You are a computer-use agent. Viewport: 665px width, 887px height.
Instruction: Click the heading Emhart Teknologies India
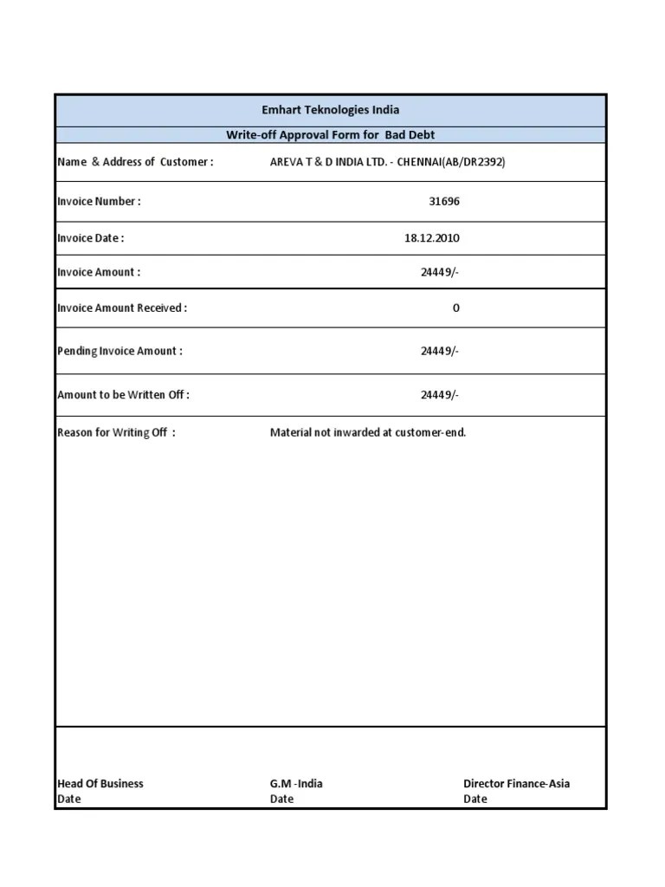pos(331,110)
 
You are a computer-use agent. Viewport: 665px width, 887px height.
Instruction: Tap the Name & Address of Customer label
pos(135,162)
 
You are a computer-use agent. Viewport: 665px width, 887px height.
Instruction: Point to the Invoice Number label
pos(99,201)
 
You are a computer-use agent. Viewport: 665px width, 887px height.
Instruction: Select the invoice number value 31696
pos(444,201)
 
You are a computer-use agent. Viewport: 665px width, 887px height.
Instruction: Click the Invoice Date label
pos(90,237)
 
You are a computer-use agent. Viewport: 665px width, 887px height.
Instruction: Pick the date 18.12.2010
pos(431,237)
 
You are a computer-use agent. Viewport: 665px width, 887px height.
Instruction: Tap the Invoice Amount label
pos(99,272)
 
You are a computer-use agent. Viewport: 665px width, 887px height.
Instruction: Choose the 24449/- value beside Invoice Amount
pos(440,272)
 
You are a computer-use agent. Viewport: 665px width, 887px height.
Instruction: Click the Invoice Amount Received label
pos(122,308)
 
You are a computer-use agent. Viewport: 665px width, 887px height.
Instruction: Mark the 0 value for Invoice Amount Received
pos(456,308)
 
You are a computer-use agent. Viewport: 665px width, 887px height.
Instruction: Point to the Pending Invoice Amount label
pos(119,351)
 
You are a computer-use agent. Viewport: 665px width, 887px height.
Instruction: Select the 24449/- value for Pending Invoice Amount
pos(440,351)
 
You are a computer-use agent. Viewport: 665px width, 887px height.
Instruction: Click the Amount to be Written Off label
pos(123,395)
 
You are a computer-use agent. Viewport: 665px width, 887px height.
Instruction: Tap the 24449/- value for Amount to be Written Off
pos(440,395)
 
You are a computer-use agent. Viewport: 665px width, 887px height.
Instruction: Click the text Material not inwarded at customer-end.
pos(368,432)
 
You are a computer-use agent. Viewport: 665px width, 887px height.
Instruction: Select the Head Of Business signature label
pos(100,783)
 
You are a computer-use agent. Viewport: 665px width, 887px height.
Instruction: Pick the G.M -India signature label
pos(296,783)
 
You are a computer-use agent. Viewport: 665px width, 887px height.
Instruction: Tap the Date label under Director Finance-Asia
pos(475,799)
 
